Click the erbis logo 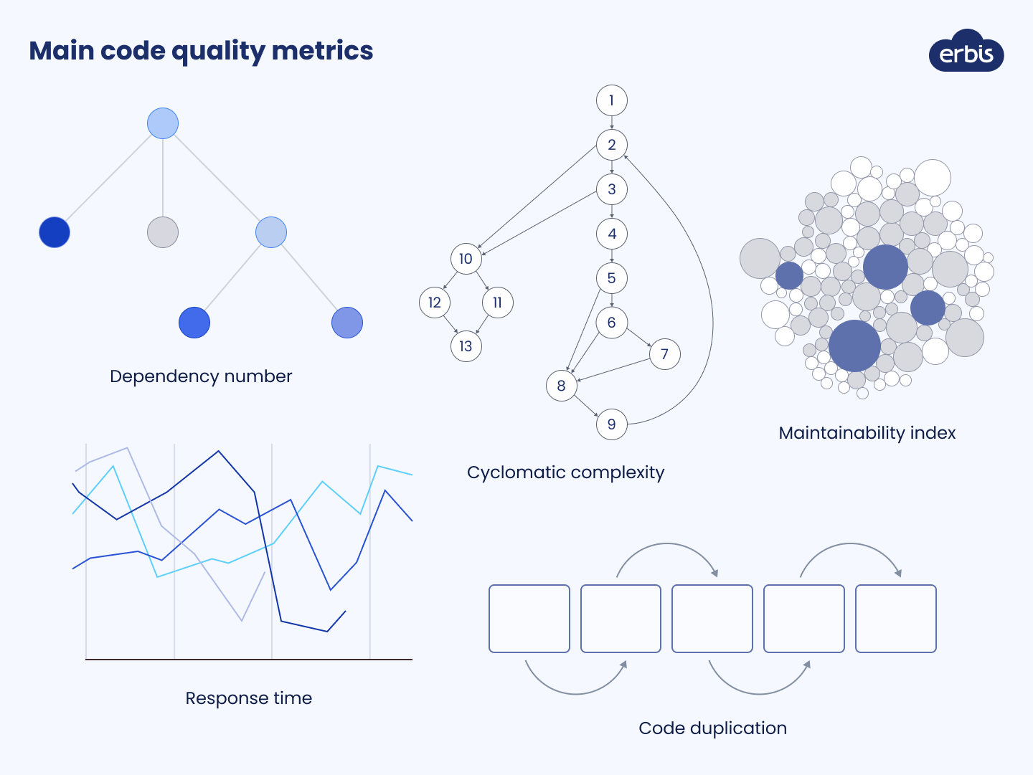[x=966, y=52]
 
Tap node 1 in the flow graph [x=611, y=100]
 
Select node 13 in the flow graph [x=466, y=346]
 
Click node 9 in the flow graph [x=611, y=424]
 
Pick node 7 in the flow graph [x=664, y=354]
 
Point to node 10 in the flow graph [x=466, y=259]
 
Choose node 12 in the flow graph [x=434, y=303]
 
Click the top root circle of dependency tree [x=163, y=123]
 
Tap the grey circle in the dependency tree [x=163, y=232]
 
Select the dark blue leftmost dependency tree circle [x=55, y=232]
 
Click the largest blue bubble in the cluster [x=854, y=346]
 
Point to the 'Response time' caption [x=248, y=698]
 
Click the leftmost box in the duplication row [x=529, y=619]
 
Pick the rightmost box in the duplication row [x=896, y=619]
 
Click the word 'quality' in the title [x=219, y=52]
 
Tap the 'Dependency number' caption [x=201, y=376]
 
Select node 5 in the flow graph [x=611, y=278]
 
